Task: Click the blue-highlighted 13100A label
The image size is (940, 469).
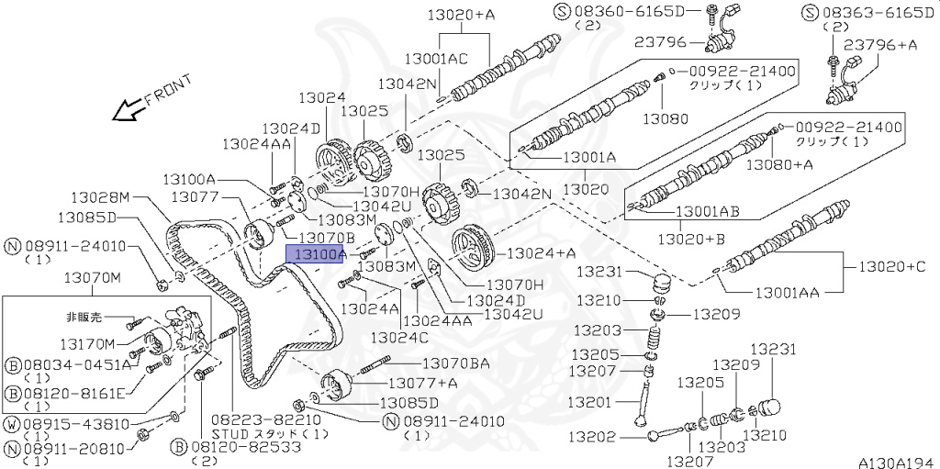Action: (x=315, y=254)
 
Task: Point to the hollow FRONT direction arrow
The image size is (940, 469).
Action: (x=123, y=111)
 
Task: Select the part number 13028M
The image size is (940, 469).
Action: (x=102, y=197)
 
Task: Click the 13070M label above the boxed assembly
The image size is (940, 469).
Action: (x=91, y=277)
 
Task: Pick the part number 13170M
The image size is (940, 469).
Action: (x=87, y=344)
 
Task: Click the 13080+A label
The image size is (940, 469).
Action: (x=778, y=164)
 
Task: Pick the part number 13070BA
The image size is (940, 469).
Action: (x=455, y=364)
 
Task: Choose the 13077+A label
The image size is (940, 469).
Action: (x=422, y=383)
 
